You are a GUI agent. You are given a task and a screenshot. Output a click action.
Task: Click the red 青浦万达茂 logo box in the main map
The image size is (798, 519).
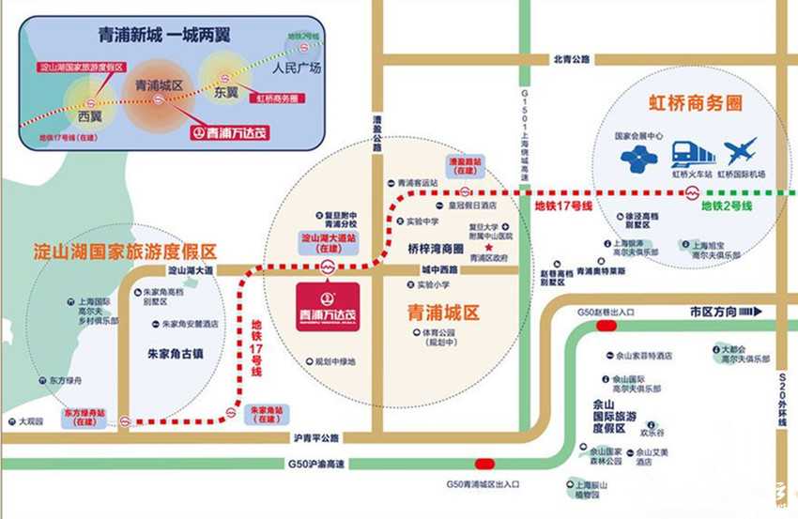(327, 306)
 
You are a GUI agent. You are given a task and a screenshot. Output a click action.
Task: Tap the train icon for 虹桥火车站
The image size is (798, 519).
(693, 153)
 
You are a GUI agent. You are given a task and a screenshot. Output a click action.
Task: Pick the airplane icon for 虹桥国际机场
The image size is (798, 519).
(742, 151)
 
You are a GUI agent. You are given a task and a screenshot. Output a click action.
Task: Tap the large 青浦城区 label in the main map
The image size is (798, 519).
(443, 311)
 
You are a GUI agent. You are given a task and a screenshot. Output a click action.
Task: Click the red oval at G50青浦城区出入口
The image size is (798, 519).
(485, 463)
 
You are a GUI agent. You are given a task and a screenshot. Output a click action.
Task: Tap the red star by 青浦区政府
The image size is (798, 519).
(488, 247)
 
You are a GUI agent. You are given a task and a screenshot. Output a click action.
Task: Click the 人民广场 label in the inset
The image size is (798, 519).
(296, 69)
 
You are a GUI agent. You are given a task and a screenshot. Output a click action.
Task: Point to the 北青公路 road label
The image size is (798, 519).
(572, 60)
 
